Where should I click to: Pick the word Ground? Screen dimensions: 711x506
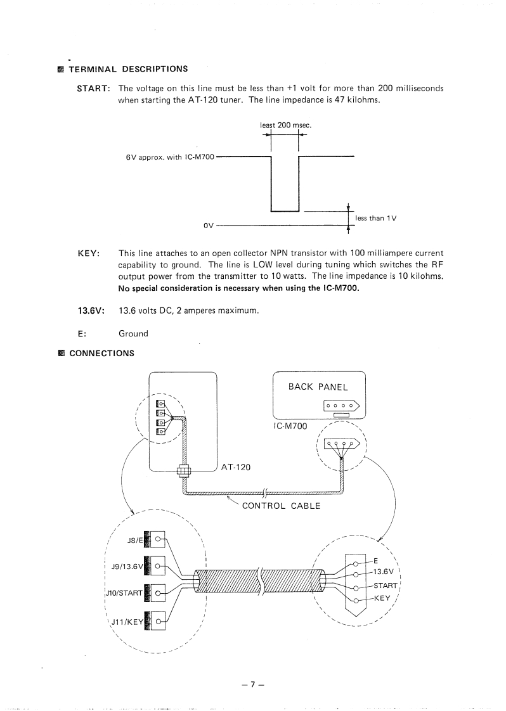(133, 333)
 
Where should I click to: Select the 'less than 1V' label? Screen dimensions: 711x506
(375, 218)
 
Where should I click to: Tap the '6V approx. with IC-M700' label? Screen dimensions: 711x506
(170, 157)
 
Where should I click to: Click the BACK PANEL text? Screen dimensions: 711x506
(318, 387)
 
